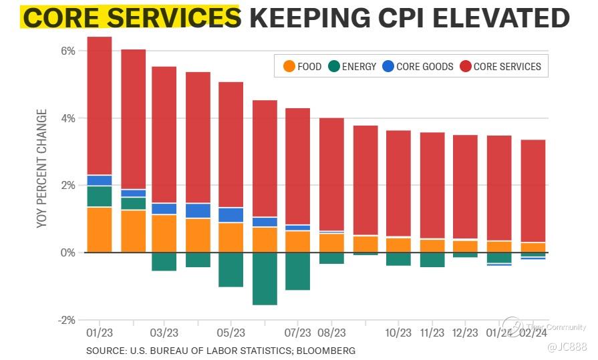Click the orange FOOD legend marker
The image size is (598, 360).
pos(289,66)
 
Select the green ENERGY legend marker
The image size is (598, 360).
pos(334,66)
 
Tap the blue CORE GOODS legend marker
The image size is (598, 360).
pos(388,66)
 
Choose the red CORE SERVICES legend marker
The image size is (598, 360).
pos(465,66)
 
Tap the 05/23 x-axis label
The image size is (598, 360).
pos(231,333)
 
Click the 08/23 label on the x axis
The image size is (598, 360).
pos(331,333)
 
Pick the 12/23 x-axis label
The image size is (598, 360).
pos(465,333)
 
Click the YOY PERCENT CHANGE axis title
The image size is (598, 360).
pos(42,168)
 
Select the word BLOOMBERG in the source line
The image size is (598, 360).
pos(326,350)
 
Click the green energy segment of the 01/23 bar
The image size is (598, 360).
pos(100,196)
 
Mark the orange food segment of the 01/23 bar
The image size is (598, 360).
pos(100,230)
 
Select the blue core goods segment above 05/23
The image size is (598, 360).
pos(231,214)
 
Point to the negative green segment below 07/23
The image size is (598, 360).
pos(298,271)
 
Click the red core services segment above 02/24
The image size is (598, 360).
pos(533,190)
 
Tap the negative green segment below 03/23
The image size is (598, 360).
pos(164,262)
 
